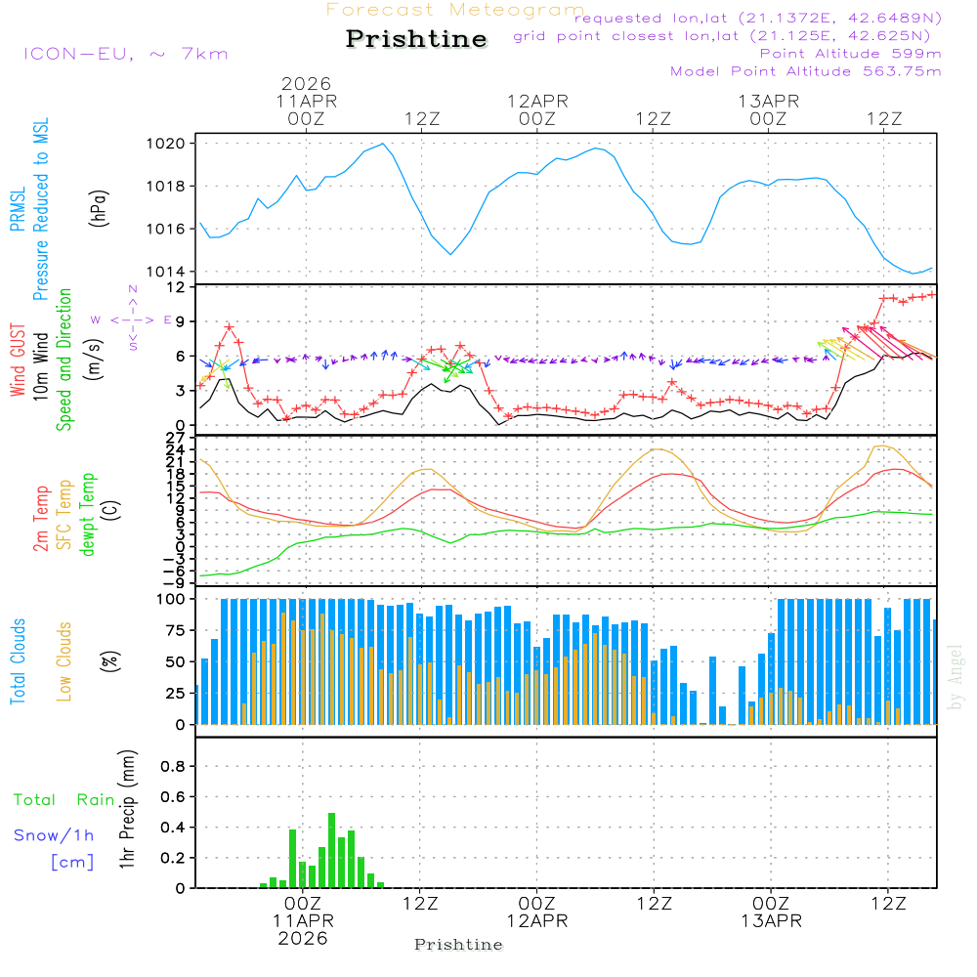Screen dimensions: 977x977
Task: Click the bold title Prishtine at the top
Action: click(416, 39)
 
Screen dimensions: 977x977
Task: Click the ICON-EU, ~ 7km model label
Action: click(125, 53)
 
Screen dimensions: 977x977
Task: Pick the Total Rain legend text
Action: click(64, 800)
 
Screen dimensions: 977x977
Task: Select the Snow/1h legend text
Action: click(54, 835)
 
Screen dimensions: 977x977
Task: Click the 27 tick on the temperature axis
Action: click(177, 437)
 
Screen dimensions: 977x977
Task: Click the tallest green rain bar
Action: click(332, 850)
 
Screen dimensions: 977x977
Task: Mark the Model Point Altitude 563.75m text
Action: click(806, 71)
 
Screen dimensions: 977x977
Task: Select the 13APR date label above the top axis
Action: click(769, 102)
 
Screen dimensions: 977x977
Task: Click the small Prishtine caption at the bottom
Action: click(458, 945)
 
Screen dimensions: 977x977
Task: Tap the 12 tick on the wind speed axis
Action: click(177, 287)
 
